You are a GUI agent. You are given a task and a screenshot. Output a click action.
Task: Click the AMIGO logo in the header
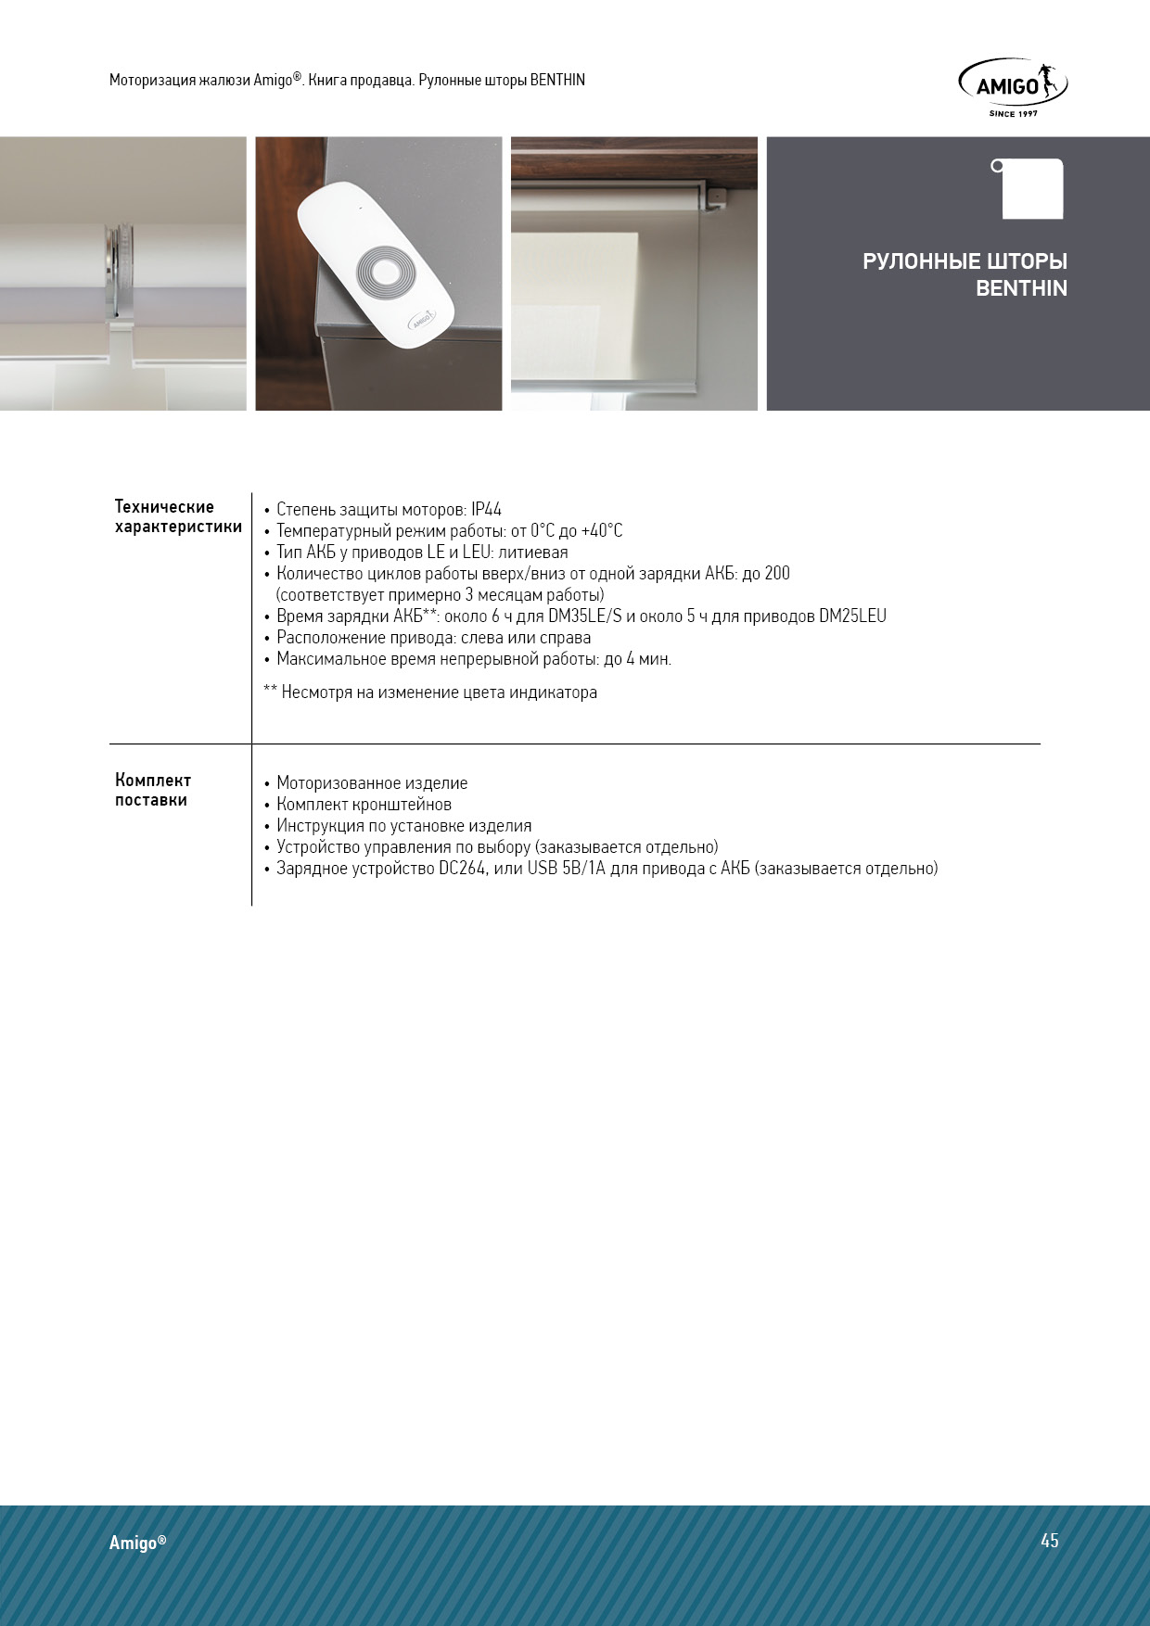[1012, 85]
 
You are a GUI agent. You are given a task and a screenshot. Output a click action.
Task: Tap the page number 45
[1049, 1540]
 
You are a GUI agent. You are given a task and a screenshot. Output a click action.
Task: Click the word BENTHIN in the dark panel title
[1021, 288]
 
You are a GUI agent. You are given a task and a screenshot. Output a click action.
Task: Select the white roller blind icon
[1031, 189]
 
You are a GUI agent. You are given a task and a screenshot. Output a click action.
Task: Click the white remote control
[376, 265]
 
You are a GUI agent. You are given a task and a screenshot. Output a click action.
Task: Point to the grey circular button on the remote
[383, 273]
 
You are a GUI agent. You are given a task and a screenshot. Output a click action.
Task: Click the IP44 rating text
[486, 509]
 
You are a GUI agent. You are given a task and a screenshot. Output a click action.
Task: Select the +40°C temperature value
[602, 530]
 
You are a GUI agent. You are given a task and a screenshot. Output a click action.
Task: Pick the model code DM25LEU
[852, 616]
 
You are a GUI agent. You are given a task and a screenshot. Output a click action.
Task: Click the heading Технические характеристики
[178, 516]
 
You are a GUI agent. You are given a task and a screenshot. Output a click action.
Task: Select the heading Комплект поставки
[153, 790]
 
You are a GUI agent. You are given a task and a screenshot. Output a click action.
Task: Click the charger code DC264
[462, 869]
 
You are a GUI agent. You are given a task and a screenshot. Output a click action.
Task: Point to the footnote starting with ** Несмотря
[430, 692]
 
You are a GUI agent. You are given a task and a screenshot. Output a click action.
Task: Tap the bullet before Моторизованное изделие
[267, 784]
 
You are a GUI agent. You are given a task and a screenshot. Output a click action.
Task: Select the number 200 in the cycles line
[777, 573]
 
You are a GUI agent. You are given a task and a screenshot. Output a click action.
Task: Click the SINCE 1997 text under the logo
[1013, 114]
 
